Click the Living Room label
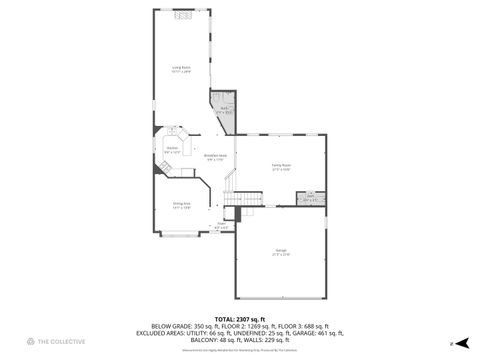(x=181, y=70)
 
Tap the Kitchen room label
(x=171, y=151)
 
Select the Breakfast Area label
(x=215, y=157)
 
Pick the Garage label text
(x=281, y=253)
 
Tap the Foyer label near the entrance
(x=221, y=226)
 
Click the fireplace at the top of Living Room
(x=181, y=14)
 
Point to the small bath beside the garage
(x=311, y=197)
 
